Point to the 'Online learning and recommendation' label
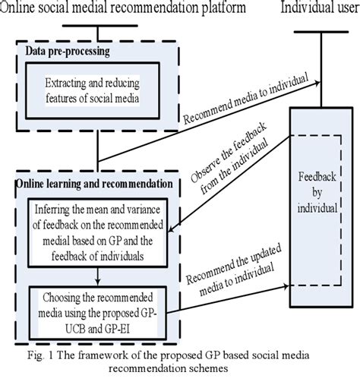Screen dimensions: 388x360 (96, 184)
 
